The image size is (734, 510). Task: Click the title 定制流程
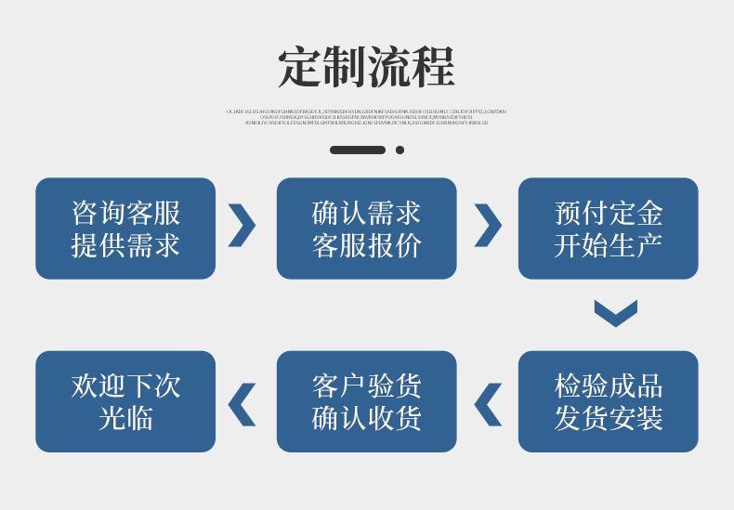(366, 66)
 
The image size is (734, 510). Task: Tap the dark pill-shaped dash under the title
(358, 150)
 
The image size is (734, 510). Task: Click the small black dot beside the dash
(400, 150)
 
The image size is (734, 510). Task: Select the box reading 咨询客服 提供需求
(125, 229)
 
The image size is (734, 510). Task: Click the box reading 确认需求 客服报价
(366, 229)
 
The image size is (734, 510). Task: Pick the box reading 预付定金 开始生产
(608, 229)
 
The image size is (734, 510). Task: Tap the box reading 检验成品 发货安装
(608, 401)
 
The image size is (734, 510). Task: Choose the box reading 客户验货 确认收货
(366, 401)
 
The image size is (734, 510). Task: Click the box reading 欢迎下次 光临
(125, 401)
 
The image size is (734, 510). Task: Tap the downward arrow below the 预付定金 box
(615, 313)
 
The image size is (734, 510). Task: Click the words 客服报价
(366, 245)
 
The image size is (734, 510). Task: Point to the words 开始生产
(608, 245)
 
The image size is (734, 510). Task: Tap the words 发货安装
(608, 418)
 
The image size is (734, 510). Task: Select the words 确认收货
(366, 418)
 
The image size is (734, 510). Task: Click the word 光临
(125, 418)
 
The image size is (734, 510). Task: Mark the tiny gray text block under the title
(366, 117)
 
